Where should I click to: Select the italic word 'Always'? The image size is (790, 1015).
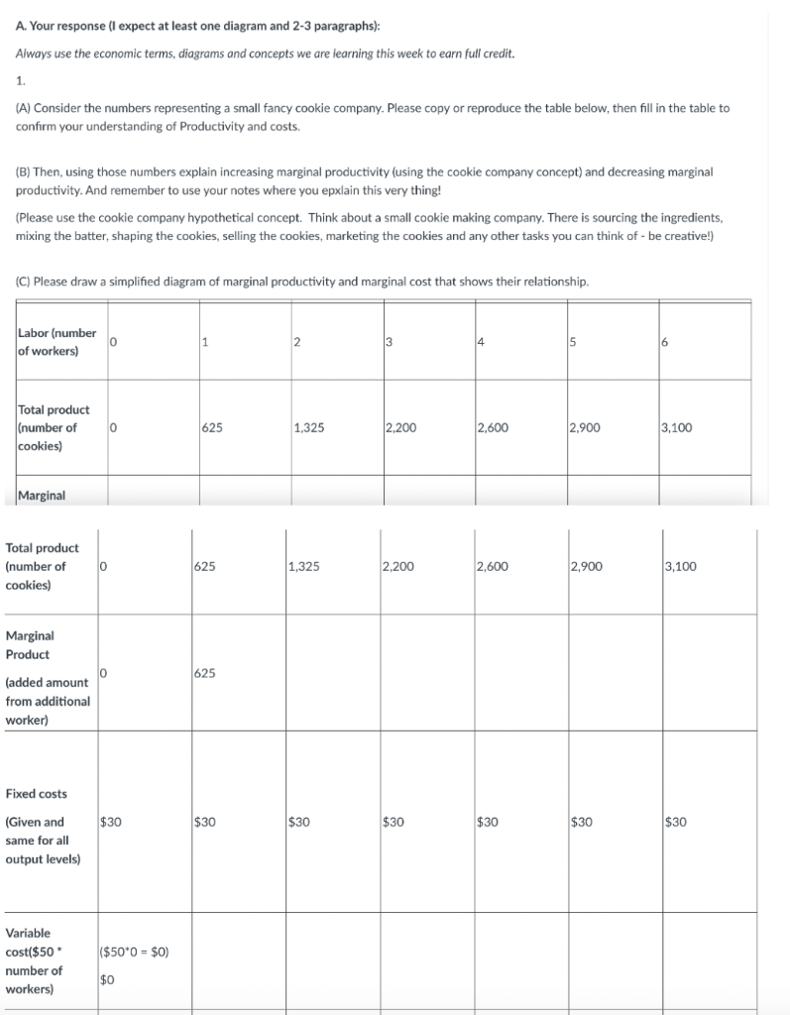coord(36,52)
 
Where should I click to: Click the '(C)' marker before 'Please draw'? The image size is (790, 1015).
coord(27,282)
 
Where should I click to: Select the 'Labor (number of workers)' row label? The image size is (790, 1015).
coord(56,342)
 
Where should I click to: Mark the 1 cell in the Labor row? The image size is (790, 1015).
coord(203,342)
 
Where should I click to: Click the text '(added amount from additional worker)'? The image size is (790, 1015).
coord(48,701)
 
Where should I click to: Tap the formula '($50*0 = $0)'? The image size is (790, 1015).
coord(136,953)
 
